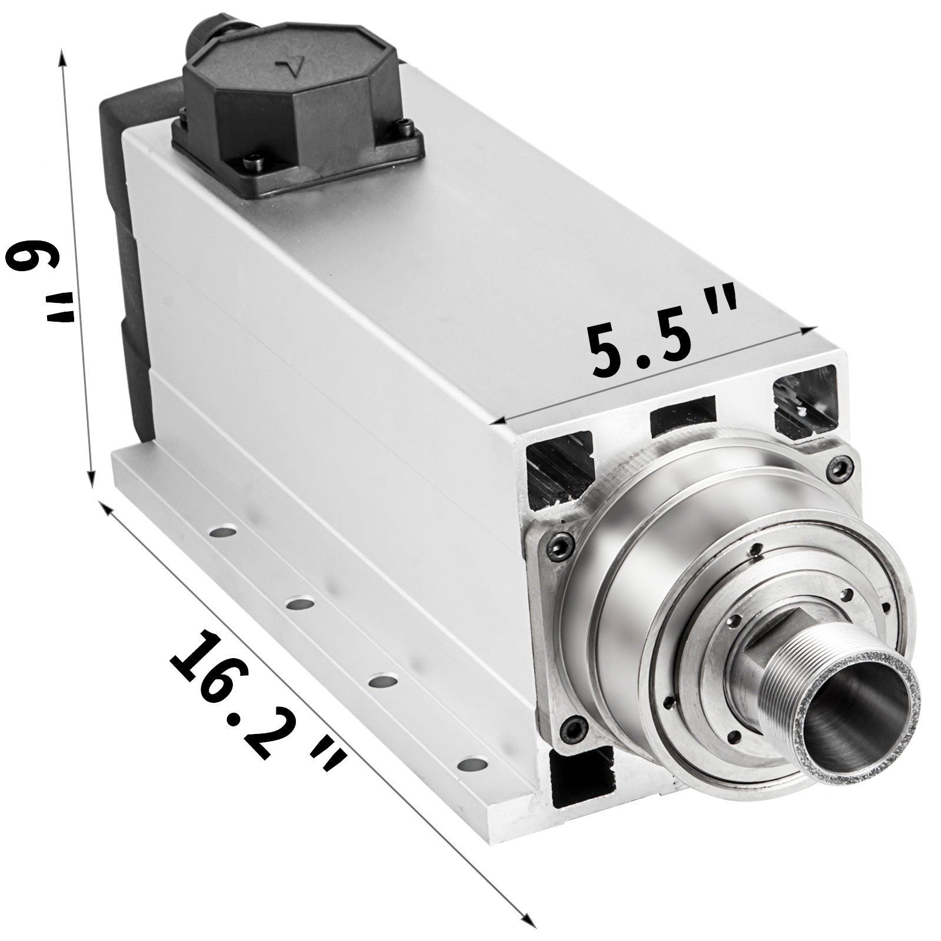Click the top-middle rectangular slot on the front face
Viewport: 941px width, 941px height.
(x=683, y=411)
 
